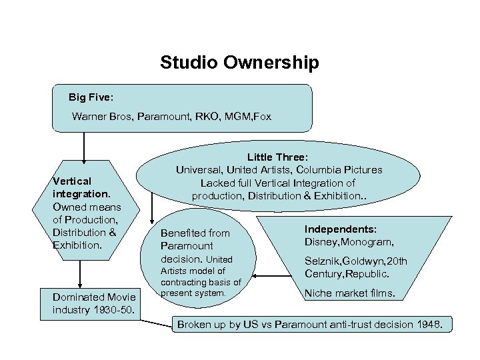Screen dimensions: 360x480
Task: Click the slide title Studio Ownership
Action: pos(239,63)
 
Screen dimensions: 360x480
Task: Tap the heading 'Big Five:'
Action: pos(91,97)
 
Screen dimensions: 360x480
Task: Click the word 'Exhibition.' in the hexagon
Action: pos(77,245)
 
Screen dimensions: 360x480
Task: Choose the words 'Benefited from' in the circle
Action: pos(195,233)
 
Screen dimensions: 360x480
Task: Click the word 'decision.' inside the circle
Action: pos(181,259)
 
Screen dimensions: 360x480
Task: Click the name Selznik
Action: pos(323,261)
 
